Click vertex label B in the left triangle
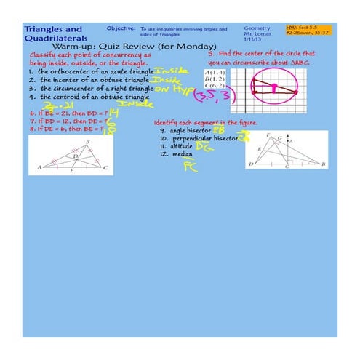[87, 142]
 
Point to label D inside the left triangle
[75, 156]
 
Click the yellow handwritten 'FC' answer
[190, 167]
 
